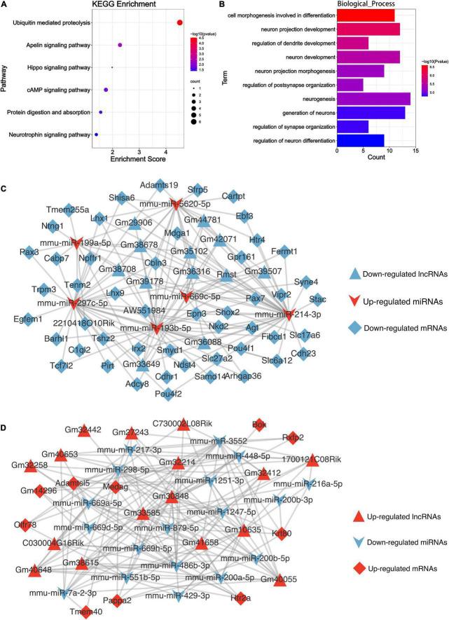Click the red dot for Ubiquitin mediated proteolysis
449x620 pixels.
(180, 22)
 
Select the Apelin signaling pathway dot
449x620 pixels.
(120, 46)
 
